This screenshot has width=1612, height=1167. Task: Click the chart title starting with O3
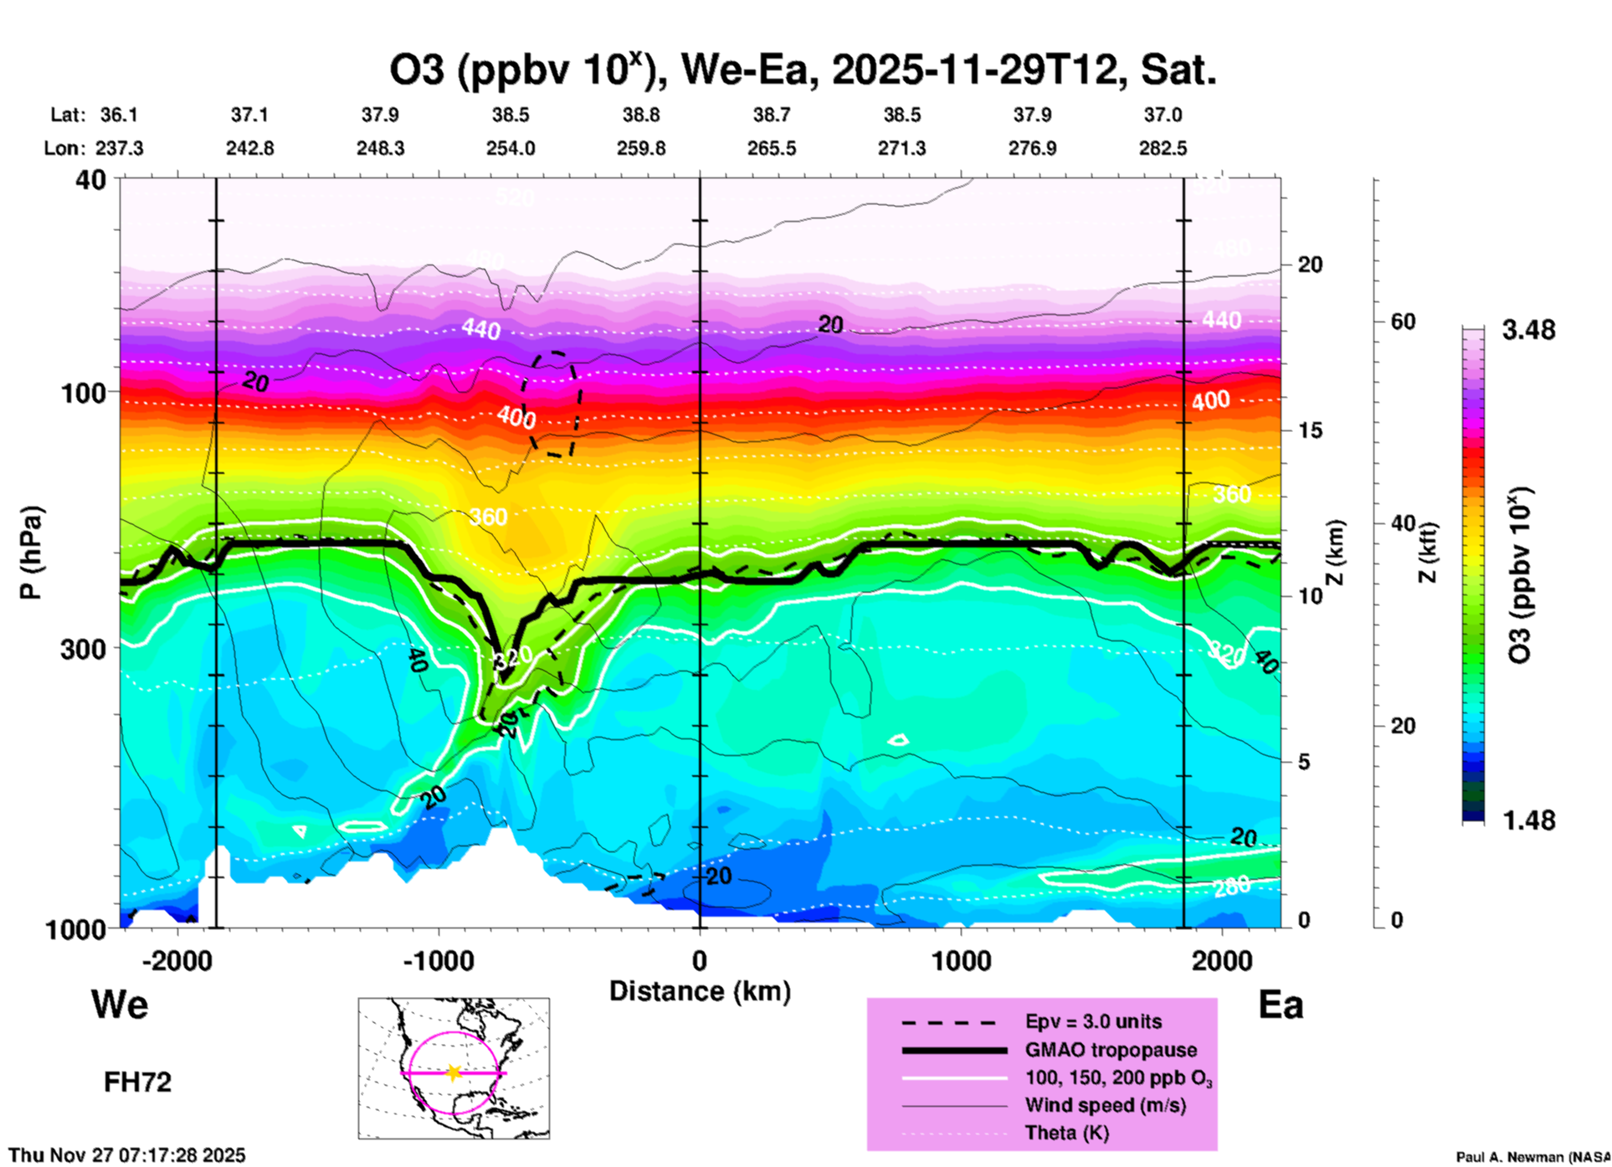point(802,69)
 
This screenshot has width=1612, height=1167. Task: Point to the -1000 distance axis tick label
point(438,961)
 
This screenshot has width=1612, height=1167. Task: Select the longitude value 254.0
point(511,148)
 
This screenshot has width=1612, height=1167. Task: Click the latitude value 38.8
point(641,115)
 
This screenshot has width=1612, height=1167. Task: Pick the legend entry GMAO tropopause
point(1111,1050)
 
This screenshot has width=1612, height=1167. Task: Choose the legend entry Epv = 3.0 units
point(1093,1021)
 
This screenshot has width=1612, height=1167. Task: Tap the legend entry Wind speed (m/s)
point(1105,1105)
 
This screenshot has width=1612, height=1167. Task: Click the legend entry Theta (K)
point(1066,1133)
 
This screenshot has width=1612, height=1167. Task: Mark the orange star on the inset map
point(454,1072)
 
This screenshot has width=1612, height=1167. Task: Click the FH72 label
point(137,1082)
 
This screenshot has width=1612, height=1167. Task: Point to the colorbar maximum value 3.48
point(1528,330)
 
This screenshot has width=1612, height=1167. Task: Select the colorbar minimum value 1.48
point(1528,820)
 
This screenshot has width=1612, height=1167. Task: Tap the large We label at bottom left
point(120,1004)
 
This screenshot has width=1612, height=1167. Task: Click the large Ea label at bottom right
point(1281,1005)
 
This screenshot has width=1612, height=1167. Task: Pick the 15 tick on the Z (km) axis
point(1310,430)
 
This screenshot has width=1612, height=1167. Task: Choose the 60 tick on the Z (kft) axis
point(1403,321)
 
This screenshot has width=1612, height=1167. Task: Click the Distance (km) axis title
point(700,991)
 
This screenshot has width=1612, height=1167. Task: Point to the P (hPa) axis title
point(31,553)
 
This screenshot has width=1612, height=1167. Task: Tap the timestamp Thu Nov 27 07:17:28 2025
point(127,1155)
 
